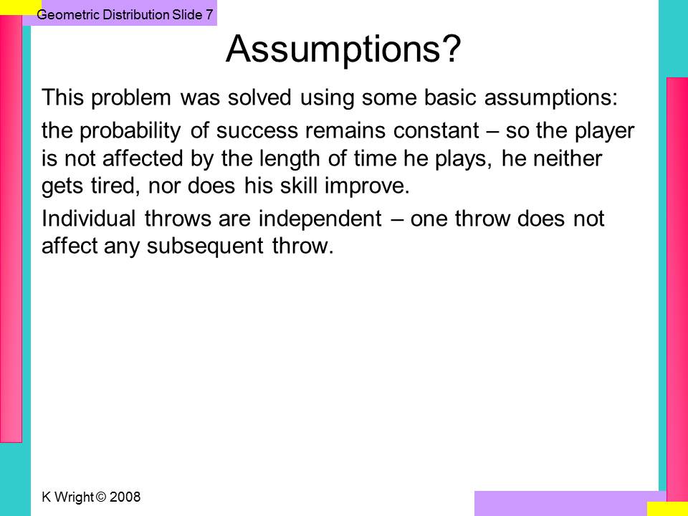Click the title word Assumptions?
(x=343, y=49)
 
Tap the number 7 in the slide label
(x=209, y=14)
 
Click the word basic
(x=450, y=97)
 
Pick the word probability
(x=130, y=131)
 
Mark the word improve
(x=367, y=186)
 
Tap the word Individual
(x=88, y=218)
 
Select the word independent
(x=320, y=219)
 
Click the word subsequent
(x=205, y=246)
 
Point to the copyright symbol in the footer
(x=101, y=497)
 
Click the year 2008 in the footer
(x=125, y=497)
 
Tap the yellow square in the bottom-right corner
(x=667, y=509)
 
